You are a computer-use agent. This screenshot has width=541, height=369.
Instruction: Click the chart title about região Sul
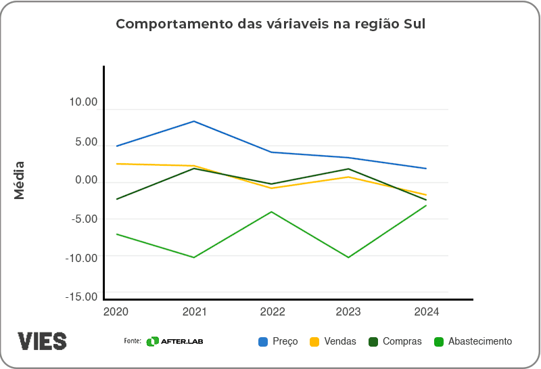pyautogui.click(x=270, y=24)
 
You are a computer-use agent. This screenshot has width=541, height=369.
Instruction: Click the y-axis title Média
pyautogui.click(x=20, y=179)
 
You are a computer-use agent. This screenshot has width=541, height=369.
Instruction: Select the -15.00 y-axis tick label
pyautogui.click(x=82, y=297)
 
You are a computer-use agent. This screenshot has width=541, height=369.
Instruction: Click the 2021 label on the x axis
pyautogui.click(x=194, y=312)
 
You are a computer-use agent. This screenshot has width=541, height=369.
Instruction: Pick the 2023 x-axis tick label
pyautogui.click(x=349, y=312)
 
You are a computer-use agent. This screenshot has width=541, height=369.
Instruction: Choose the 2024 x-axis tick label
pyautogui.click(x=427, y=312)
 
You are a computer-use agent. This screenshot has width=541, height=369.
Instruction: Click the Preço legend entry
pyautogui.click(x=278, y=342)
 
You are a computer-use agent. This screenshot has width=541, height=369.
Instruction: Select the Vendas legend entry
pyautogui.click(x=332, y=342)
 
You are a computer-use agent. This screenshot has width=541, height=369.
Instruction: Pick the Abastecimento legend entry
pyautogui.click(x=473, y=342)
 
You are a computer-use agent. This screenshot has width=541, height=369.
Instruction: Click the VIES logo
pyautogui.click(x=42, y=341)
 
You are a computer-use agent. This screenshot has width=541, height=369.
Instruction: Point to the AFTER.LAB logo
pyautogui.click(x=174, y=341)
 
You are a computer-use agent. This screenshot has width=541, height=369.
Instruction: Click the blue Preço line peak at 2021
pyautogui.click(x=194, y=121)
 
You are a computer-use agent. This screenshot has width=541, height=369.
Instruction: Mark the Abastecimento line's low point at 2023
pyautogui.click(x=349, y=257)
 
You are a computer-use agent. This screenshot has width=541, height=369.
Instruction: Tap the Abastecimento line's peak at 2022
pyautogui.click(x=271, y=212)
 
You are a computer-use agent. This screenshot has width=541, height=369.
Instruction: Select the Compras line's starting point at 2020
pyautogui.click(x=117, y=199)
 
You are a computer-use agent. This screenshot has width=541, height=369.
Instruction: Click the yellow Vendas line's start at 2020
pyautogui.click(x=117, y=164)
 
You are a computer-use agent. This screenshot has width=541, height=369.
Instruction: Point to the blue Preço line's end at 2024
pyautogui.click(x=426, y=169)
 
